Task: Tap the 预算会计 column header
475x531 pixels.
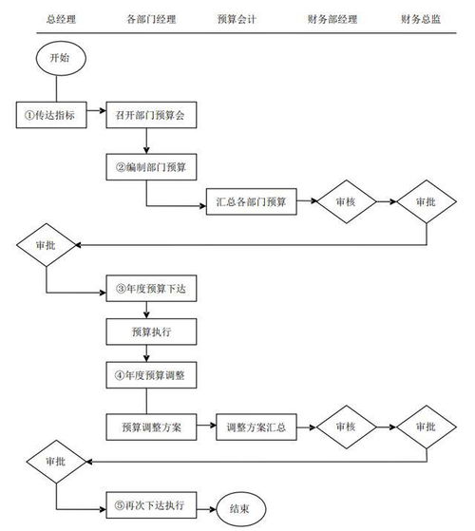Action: click(236, 18)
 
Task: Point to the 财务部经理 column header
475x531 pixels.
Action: click(332, 18)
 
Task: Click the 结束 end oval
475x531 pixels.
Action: click(239, 508)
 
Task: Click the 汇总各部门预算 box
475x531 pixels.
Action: click(251, 201)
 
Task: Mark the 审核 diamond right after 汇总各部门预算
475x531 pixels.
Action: click(344, 201)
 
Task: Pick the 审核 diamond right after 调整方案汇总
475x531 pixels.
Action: click(344, 427)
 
